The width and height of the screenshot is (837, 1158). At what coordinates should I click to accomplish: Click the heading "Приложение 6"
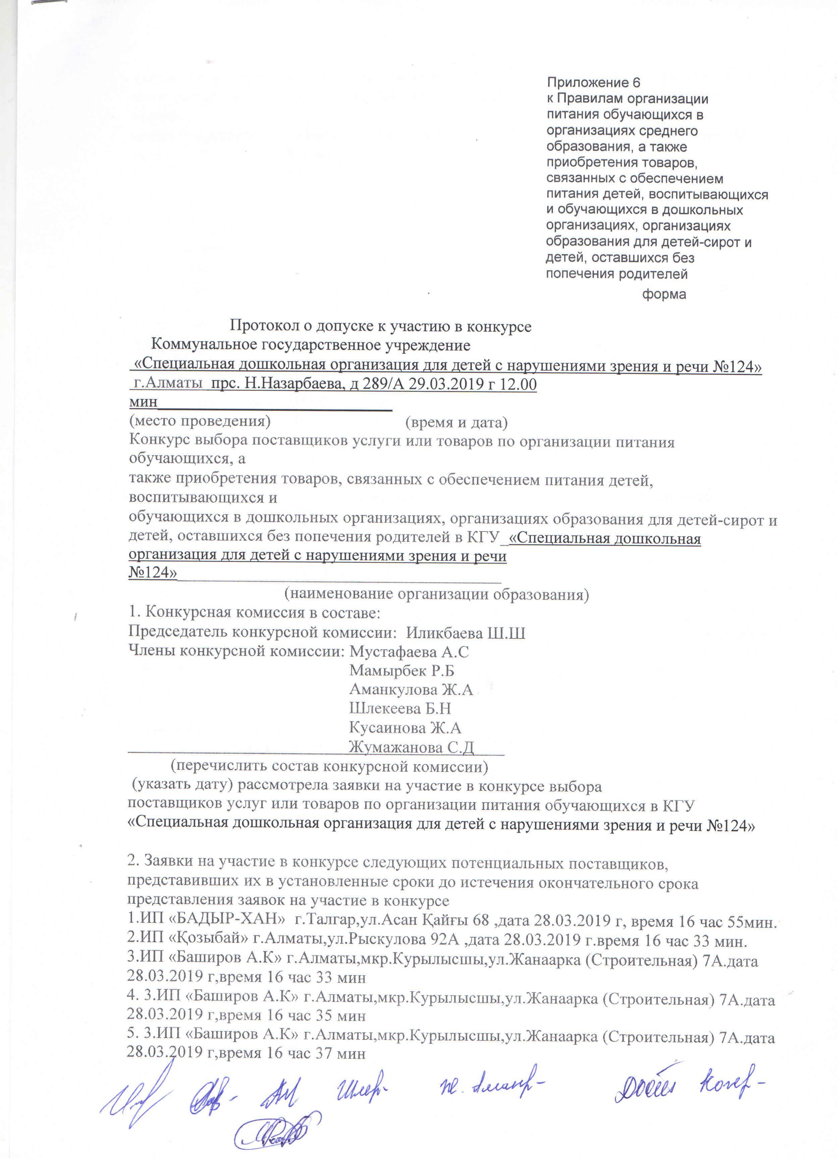(593, 83)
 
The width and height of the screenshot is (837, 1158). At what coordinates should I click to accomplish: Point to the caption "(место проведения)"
(199, 421)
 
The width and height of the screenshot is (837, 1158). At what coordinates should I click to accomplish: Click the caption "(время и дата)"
(456, 422)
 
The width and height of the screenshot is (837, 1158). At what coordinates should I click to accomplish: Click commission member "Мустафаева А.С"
(409, 652)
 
